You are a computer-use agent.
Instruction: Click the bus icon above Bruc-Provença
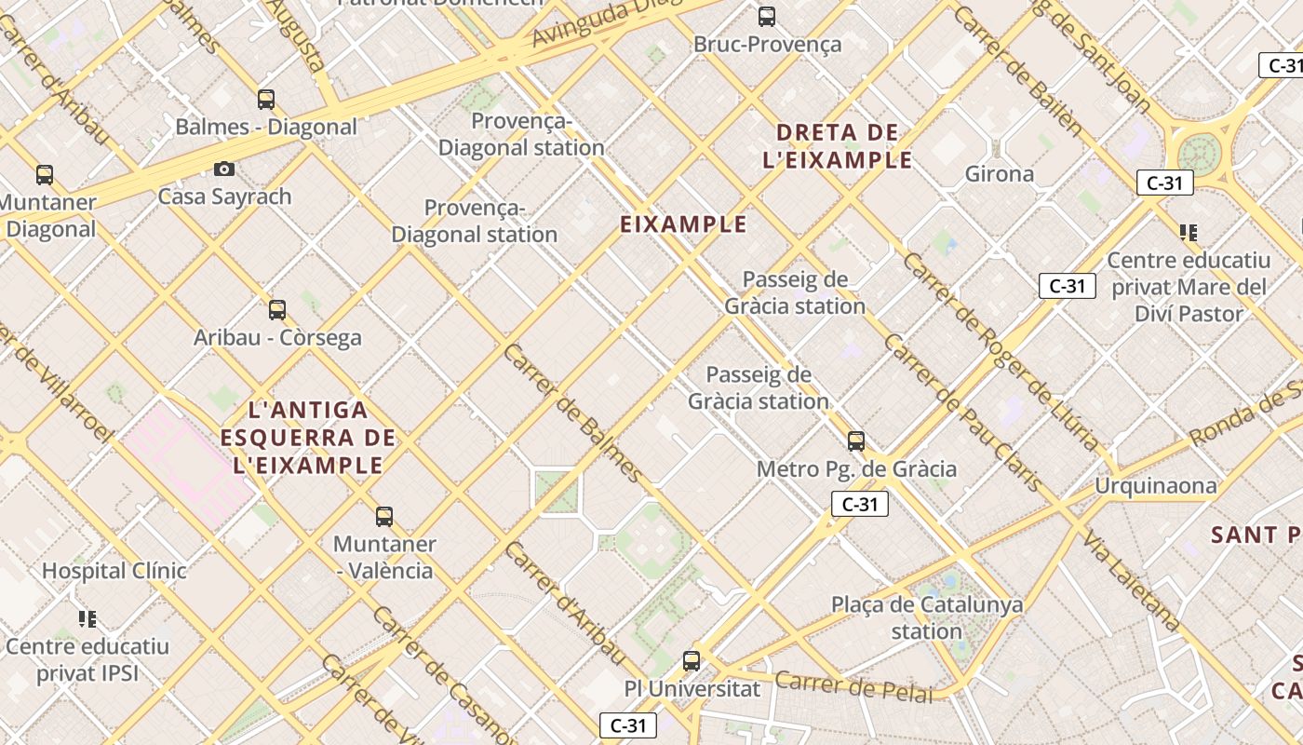(x=766, y=16)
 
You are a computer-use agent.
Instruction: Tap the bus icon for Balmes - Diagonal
(x=266, y=100)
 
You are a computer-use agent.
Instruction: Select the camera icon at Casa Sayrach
(x=224, y=169)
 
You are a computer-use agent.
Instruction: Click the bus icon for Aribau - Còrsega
(x=277, y=310)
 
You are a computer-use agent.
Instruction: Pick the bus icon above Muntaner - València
(x=384, y=517)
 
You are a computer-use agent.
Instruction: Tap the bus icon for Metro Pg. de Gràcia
(x=856, y=441)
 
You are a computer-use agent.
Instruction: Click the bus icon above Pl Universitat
(x=692, y=661)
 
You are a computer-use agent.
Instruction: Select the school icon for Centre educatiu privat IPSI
(x=87, y=618)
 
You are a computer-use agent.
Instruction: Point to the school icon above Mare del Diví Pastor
(x=1188, y=232)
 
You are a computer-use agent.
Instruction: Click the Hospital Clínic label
(x=114, y=570)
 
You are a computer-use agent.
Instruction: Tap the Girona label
(x=1000, y=174)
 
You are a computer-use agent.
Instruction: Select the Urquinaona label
(x=1155, y=485)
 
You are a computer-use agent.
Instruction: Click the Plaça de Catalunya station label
(x=926, y=617)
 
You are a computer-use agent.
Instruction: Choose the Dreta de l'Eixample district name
(x=837, y=146)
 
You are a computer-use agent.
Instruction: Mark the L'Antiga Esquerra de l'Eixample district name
(x=308, y=437)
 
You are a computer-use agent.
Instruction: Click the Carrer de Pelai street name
(x=853, y=686)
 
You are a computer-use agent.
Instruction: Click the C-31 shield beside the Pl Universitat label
(x=628, y=725)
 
